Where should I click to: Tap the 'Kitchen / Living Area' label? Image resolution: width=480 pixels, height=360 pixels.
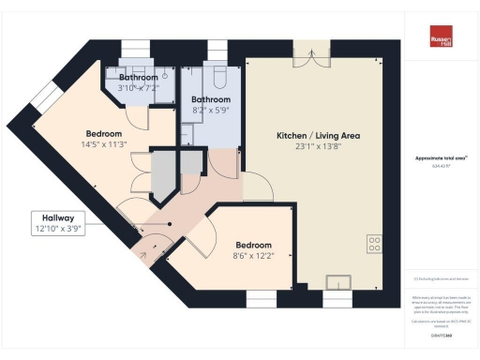tap(318, 136)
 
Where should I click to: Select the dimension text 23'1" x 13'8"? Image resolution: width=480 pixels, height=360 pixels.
tap(318, 148)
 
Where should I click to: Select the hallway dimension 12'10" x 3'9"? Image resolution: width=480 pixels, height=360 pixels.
tap(60, 228)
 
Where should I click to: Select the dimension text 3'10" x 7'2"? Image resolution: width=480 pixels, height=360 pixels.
tap(139, 87)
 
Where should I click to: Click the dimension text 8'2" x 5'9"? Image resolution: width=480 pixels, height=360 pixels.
tap(211, 111)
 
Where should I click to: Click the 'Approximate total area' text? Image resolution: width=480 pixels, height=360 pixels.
tap(440, 161)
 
